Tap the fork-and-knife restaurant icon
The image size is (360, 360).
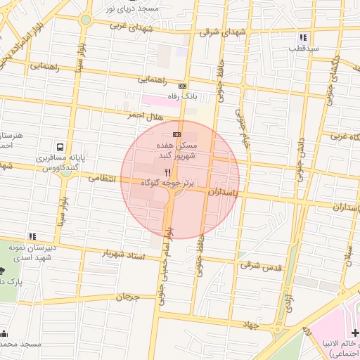coord(167,172)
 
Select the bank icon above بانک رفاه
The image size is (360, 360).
coord(184,85)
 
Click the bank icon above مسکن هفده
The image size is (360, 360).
coord(176,134)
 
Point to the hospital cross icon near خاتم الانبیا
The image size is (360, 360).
coord(354,332)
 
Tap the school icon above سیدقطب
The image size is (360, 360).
coord(302,37)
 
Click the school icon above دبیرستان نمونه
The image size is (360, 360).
coord(31,236)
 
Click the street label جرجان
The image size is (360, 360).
coord(127,297)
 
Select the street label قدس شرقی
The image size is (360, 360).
coord(261,266)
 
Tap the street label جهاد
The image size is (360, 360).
coord(250,324)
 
